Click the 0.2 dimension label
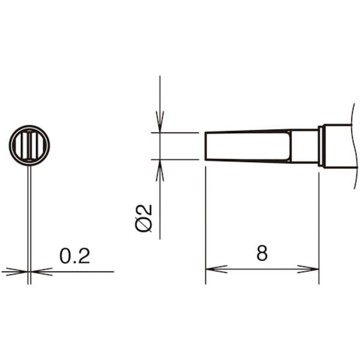74,256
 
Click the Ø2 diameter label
144,218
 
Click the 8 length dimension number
262,253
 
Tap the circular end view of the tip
29,145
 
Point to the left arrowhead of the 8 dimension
216,269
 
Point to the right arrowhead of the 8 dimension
308,269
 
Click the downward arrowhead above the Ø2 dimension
160,122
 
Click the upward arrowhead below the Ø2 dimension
160,170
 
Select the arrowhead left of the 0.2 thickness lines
17,272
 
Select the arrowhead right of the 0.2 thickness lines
42,272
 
